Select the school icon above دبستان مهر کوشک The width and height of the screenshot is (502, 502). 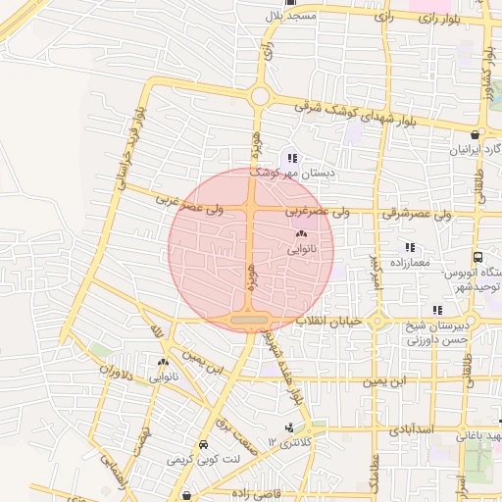(x=290, y=158)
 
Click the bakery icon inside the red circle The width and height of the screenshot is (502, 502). (x=300, y=235)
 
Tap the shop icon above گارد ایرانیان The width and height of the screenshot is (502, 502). (x=475, y=135)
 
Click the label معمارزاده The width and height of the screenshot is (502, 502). (x=410, y=264)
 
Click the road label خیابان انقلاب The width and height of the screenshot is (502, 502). (x=332, y=321)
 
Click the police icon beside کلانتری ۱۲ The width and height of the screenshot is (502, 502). (x=288, y=427)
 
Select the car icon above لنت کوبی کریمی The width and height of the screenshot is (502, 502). (x=202, y=443)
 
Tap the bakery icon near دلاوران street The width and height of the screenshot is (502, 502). (x=163, y=362)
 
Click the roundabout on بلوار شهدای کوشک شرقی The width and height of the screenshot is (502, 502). (x=260, y=96)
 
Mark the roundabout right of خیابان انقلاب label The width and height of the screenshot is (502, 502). (x=376, y=321)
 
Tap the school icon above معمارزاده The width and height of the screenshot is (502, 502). (x=410, y=247)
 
